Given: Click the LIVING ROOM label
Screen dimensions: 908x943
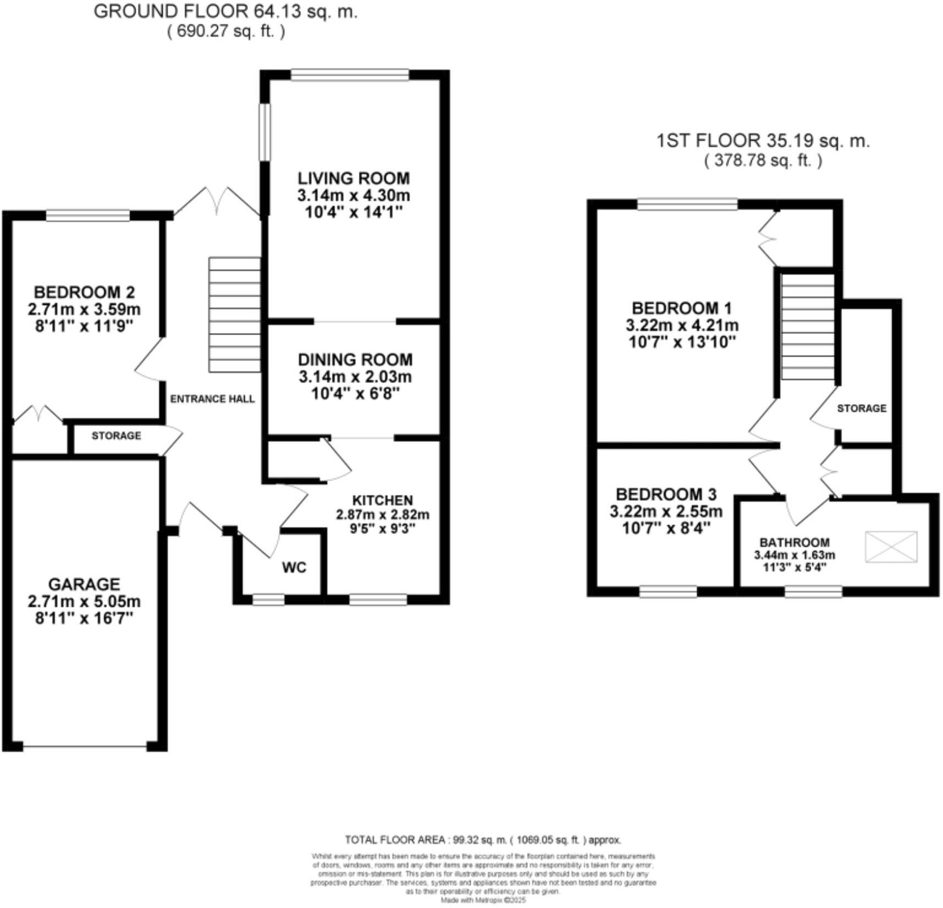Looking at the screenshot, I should pyautogui.click(x=354, y=178).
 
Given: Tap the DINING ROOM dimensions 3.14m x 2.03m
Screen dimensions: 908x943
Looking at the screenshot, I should pyautogui.click(x=355, y=377).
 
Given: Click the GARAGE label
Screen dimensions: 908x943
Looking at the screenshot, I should pyautogui.click(x=84, y=585).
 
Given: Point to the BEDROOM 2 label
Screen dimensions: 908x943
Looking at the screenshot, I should pyautogui.click(x=84, y=292).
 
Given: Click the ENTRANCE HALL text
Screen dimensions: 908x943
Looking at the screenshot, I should pyautogui.click(x=212, y=399).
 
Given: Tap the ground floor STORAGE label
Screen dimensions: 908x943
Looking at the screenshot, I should pyautogui.click(x=116, y=436).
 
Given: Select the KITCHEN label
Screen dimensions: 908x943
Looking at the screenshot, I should pyautogui.click(x=382, y=500).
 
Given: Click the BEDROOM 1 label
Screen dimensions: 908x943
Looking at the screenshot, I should pyautogui.click(x=682, y=308).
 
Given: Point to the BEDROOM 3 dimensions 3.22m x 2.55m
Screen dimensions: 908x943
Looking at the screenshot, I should pyautogui.click(x=666, y=512).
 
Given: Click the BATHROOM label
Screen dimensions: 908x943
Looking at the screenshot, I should pyautogui.click(x=795, y=543).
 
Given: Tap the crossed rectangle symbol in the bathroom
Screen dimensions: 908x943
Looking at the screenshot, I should pyautogui.click(x=891, y=547).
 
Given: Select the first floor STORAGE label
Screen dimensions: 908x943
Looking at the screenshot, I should pyautogui.click(x=862, y=409).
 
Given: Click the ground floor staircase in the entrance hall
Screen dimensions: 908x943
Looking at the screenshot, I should pyautogui.click(x=234, y=315).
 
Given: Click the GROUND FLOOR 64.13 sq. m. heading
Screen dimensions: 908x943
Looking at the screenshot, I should pyautogui.click(x=225, y=12).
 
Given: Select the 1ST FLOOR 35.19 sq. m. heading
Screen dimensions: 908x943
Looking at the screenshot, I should pyautogui.click(x=763, y=141).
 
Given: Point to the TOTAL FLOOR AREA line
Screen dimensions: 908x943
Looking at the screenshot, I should pyautogui.click(x=482, y=840).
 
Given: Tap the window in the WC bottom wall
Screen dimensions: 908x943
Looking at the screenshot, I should pyautogui.click(x=268, y=599).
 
